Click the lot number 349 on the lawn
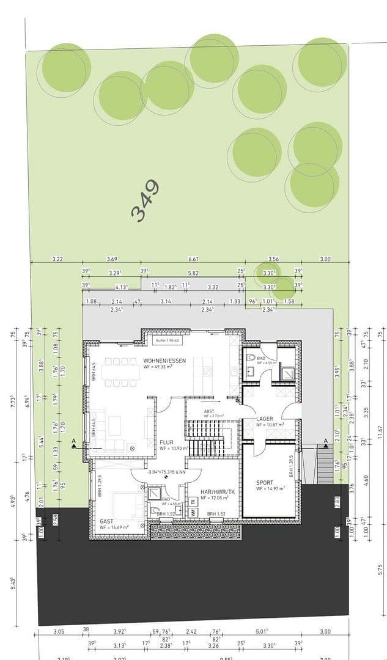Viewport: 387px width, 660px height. [x=146, y=200]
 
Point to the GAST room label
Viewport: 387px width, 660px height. [x=106, y=521]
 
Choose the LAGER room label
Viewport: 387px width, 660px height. [x=265, y=419]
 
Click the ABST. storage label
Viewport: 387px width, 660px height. [x=209, y=411]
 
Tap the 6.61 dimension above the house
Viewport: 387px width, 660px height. [x=194, y=259]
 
